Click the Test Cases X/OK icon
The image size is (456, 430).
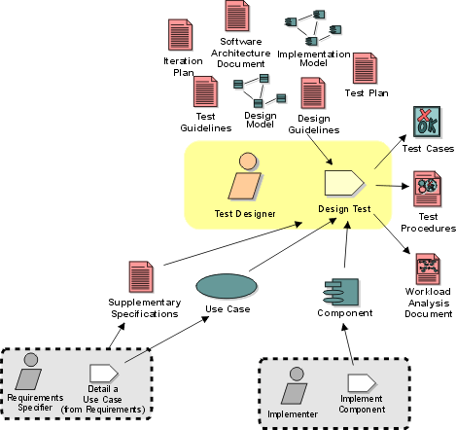click(x=427, y=122)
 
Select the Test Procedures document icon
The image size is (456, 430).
click(x=427, y=189)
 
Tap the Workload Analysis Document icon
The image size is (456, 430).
click(x=428, y=269)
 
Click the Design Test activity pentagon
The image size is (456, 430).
click(x=345, y=183)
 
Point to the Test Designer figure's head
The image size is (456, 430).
click(x=248, y=161)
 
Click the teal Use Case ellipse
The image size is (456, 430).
click(x=227, y=286)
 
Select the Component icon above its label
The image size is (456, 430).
click(x=341, y=292)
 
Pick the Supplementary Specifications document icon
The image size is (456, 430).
click(x=141, y=276)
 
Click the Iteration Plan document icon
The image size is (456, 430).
click(x=180, y=35)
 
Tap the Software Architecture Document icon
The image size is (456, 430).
click(x=237, y=16)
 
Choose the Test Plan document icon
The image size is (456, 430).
click(x=365, y=68)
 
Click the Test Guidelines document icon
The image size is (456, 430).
click(x=205, y=91)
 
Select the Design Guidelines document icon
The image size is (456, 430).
click(x=313, y=93)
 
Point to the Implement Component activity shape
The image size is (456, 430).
click(x=362, y=383)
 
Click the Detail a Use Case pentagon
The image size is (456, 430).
click(x=104, y=374)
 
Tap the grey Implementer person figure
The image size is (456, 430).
click(x=295, y=385)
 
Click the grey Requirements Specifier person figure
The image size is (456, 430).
click(x=28, y=372)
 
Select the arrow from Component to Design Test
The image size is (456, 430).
click(x=346, y=244)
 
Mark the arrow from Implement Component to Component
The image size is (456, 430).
click(x=348, y=344)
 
